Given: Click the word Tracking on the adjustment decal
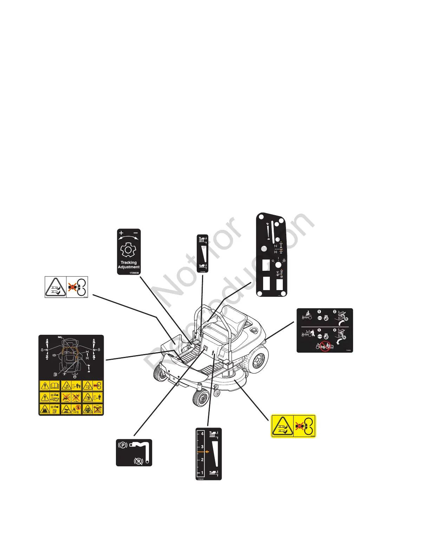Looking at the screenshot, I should pyautogui.click(x=129, y=262).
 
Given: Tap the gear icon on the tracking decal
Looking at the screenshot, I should pyautogui.click(x=128, y=250).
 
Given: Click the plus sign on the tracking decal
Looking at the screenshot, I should pyautogui.click(x=121, y=233).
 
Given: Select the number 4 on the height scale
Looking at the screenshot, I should pyautogui.click(x=202, y=434).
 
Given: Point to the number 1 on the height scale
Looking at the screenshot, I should pyautogui.click(x=202, y=473).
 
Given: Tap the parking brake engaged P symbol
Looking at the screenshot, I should pyautogui.click(x=123, y=445).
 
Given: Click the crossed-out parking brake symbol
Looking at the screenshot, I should pyautogui.click(x=138, y=460).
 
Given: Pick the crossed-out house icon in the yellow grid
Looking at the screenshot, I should pyautogui.click(x=97, y=409).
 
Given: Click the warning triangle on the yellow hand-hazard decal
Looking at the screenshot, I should pyautogui.click(x=282, y=426).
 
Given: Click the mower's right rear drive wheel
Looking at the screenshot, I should pyautogui.click(x=259, y=359).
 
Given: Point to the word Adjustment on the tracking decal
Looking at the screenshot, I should pyautogui.click(x=129, y=267).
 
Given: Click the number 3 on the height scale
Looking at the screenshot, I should pyautogui.click(x=202, y=447).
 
